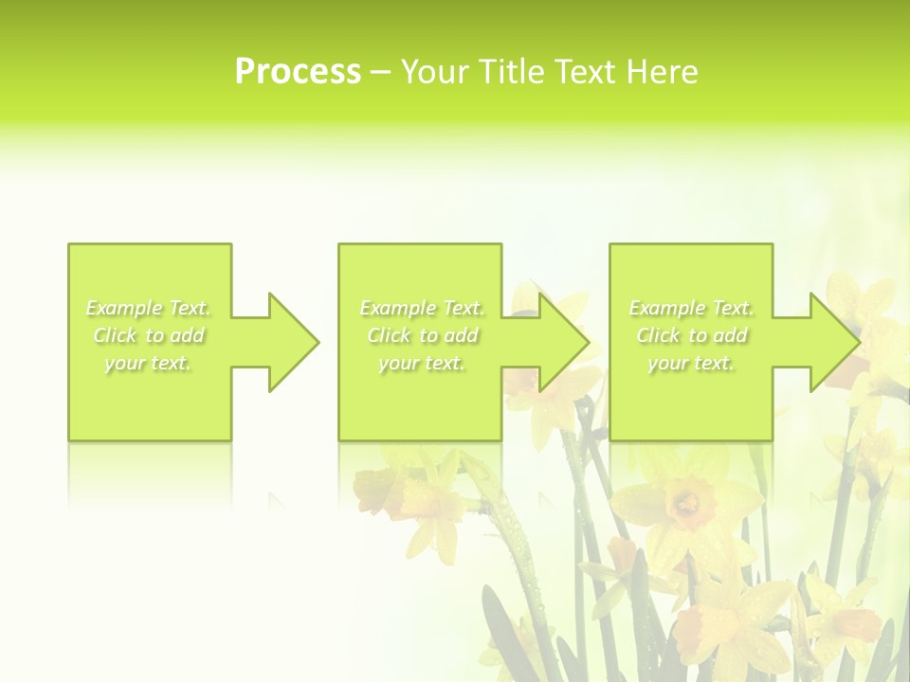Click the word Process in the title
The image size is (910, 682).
point(298,72)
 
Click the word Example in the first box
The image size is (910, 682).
point(123,308)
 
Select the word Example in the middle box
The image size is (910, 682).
point(396,308)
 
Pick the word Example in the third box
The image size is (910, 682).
point(665,308)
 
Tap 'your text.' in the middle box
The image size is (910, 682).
point(422,363)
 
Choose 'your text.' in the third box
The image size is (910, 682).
point(691,363)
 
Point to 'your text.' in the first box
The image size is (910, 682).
point(149,363)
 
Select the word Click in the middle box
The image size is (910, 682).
point(389,335)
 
